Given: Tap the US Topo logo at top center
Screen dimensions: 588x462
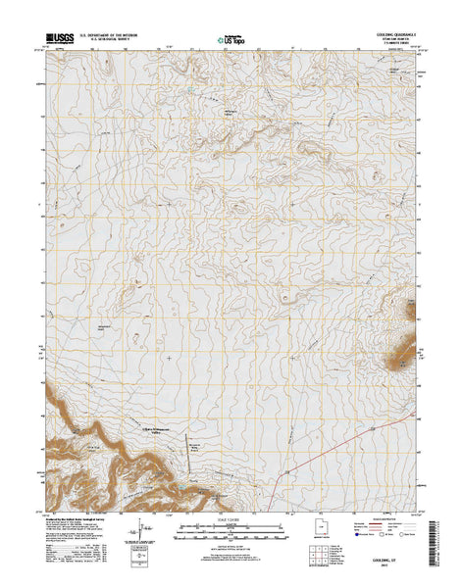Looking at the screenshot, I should [x=231, y=42].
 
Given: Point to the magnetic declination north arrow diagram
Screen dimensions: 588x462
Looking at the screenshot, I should [x=132, y=538].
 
